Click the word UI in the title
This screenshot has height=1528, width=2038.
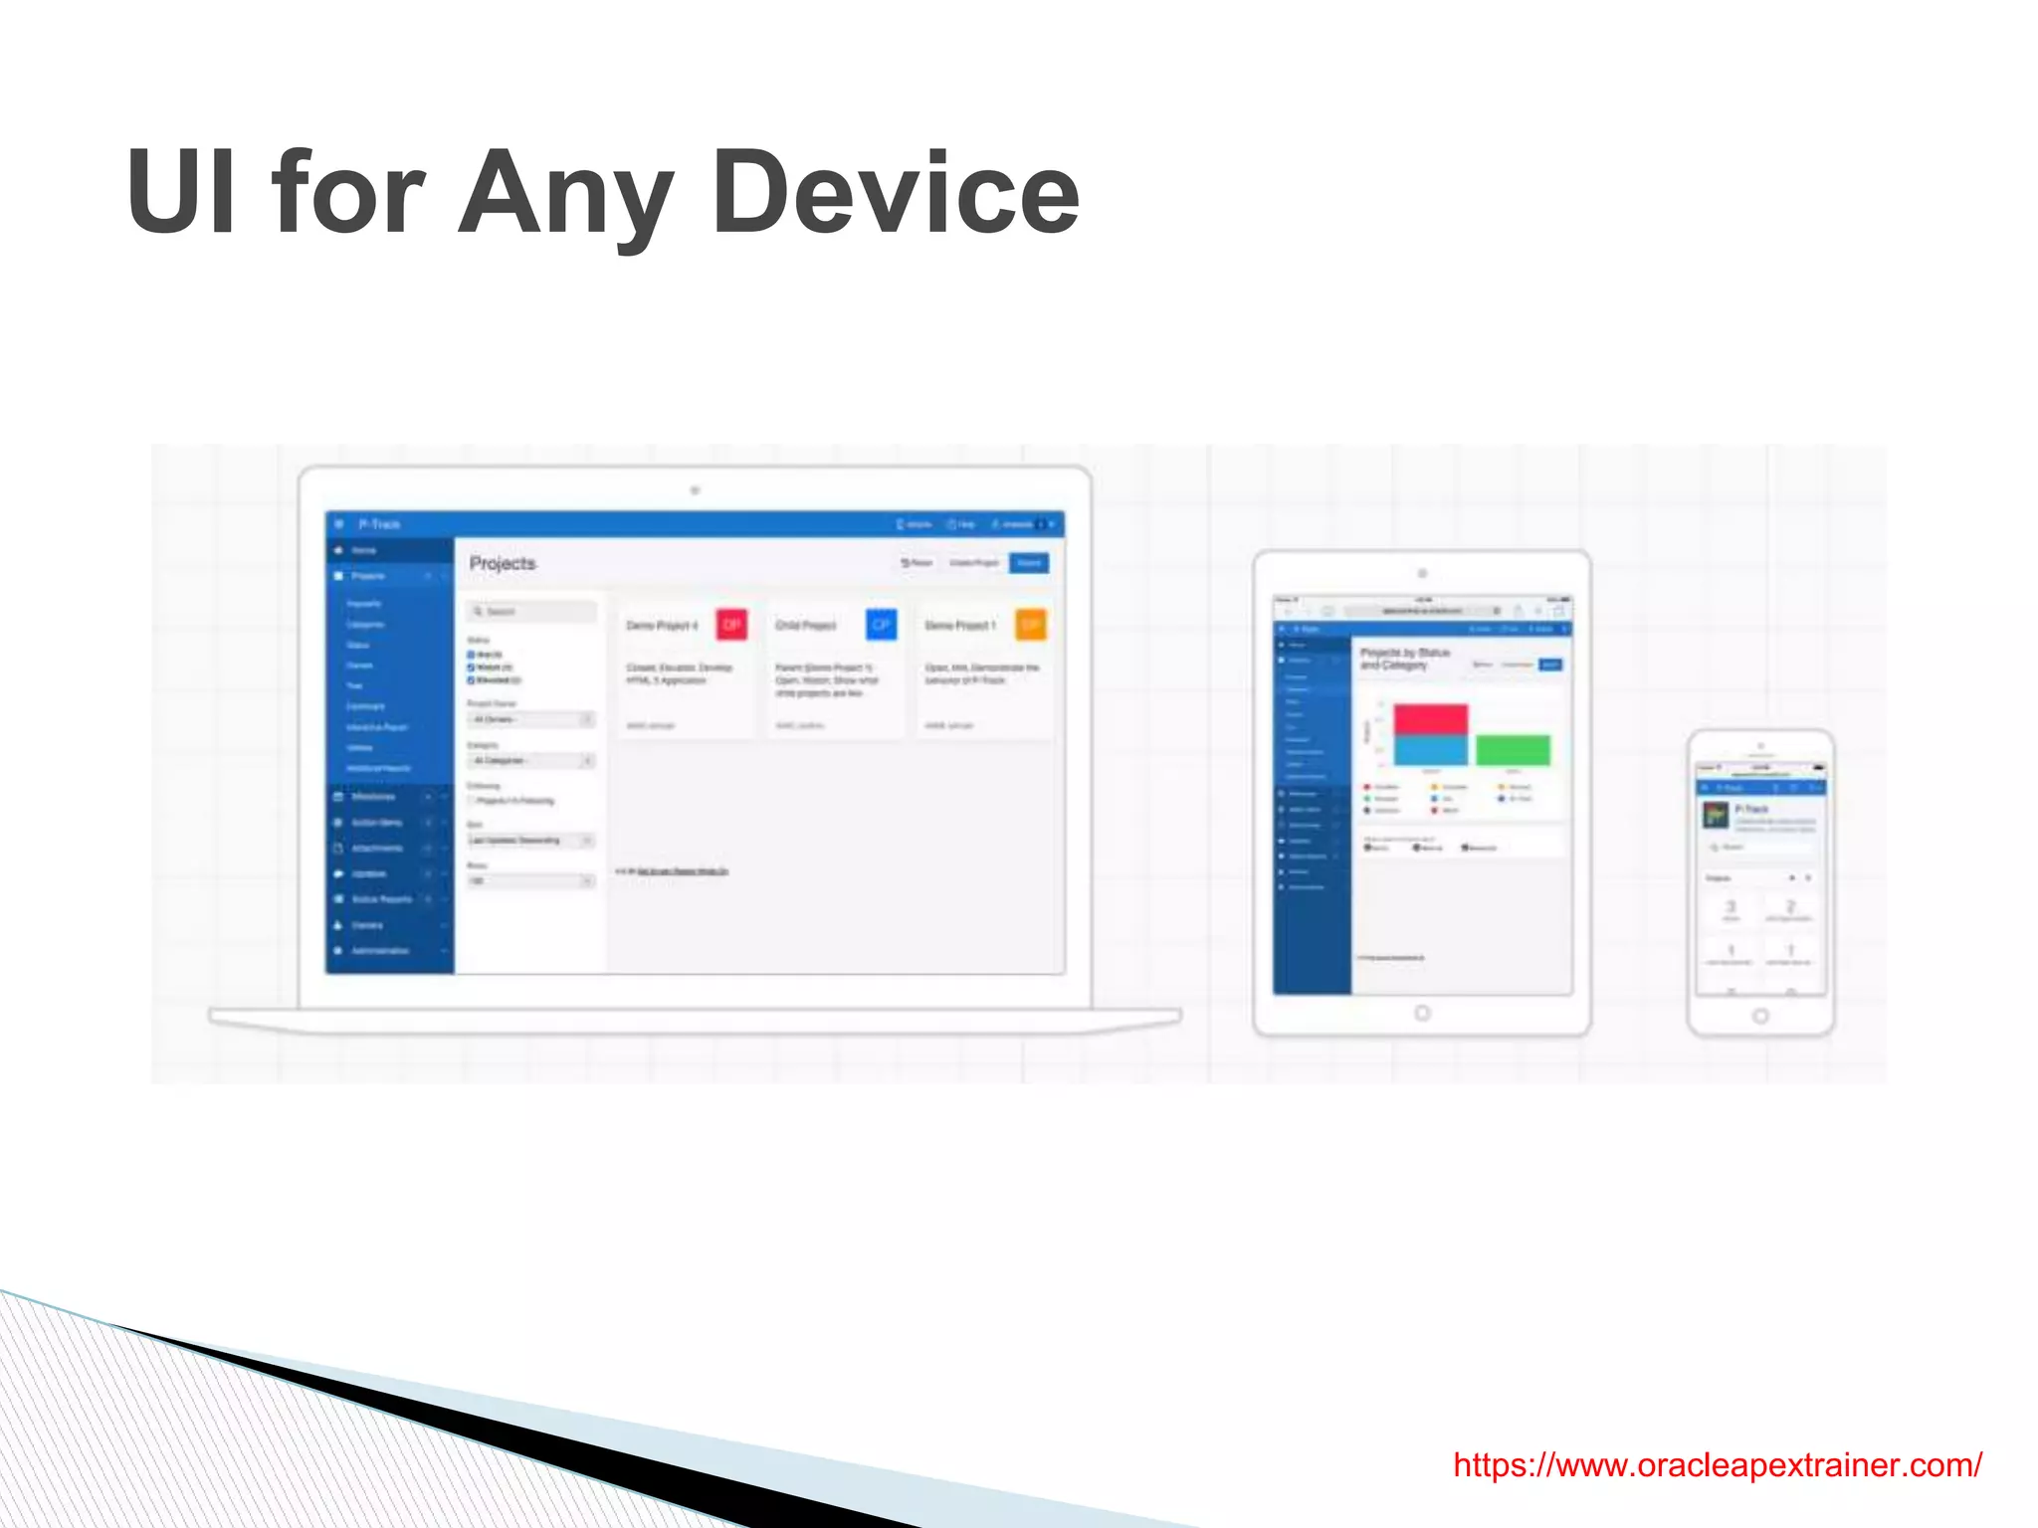[181, 192]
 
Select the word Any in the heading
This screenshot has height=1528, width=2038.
[565, 194]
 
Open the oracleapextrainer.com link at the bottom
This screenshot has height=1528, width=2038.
[1717, 1465]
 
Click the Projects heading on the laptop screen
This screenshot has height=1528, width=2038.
[503, 564]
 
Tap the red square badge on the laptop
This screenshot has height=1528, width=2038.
[731, 625]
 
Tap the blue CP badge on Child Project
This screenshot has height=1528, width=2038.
[881, 625]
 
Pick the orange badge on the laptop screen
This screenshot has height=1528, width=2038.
[1030, 625]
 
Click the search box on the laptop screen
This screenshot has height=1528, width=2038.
[533, 611]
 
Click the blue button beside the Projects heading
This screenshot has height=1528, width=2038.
[1029, 563]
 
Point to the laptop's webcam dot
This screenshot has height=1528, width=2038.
[696, 490]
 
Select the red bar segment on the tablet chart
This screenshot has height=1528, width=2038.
[1431, 718]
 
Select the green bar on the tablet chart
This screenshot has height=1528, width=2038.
[1513, 750]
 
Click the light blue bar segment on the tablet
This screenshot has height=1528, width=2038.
[1431, 750]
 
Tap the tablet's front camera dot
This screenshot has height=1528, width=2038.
[1422, 574]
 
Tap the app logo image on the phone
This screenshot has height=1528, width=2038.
[1716, 816]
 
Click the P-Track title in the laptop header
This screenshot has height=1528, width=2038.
[379, 524]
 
